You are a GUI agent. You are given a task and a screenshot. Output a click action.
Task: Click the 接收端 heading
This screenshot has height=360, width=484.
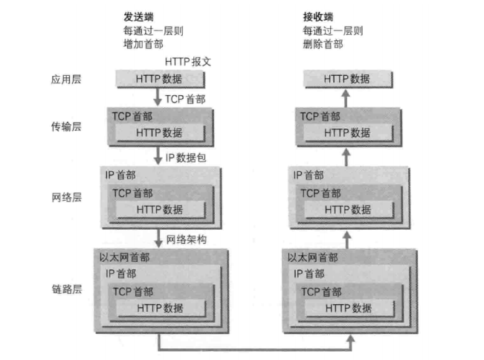pos(317,16)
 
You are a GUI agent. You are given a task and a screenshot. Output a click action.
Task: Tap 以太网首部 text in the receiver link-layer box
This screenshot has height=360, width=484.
pos(312,257)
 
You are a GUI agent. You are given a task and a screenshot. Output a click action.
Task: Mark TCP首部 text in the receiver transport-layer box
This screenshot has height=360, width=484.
pos(321,116)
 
